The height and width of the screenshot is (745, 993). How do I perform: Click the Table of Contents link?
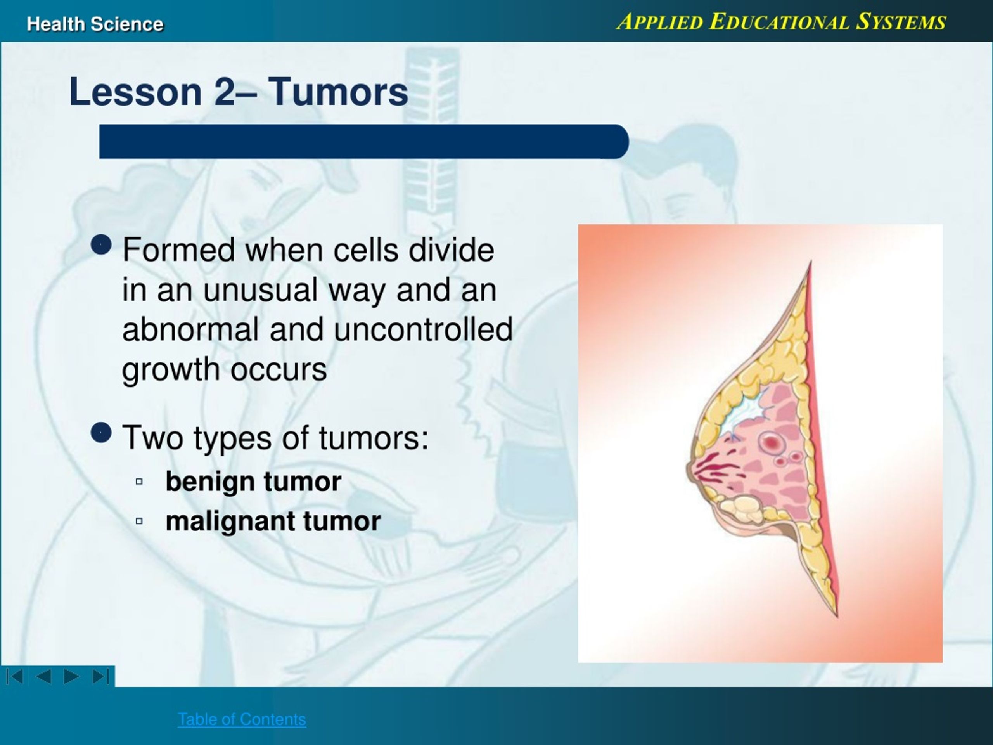pos(242,719)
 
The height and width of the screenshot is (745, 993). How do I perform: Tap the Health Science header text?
pos(95,24)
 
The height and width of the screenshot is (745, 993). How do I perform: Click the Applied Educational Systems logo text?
pos(781,22)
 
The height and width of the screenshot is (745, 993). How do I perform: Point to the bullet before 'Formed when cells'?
pos(101,244)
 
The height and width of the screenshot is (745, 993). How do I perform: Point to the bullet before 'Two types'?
pos(101,433)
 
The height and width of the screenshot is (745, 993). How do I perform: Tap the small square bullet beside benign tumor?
pos(139,482)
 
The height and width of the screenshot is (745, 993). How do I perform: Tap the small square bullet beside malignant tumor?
pos(139,521)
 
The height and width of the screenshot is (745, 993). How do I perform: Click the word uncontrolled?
pos(423,329)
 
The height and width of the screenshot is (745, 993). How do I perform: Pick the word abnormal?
pos(190,329)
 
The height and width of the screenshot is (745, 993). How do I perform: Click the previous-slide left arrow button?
pos(43,676)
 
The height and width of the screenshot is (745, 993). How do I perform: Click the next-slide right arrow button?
pos(71,676)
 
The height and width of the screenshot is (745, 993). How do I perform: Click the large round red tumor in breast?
pos(772,443)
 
